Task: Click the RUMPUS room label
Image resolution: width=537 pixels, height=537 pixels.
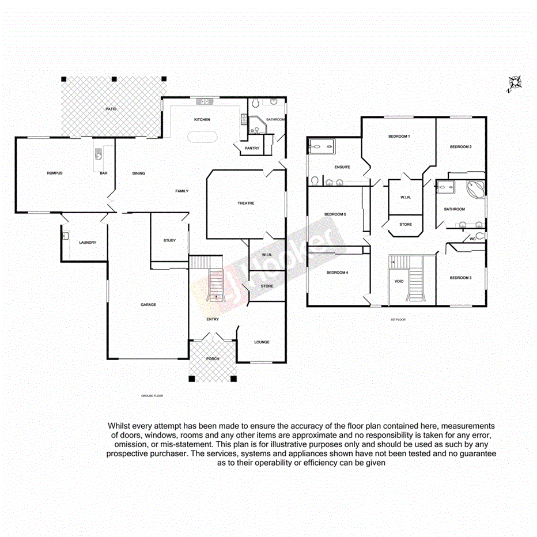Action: point(55,173)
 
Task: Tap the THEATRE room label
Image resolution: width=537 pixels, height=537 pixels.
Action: point(246,203)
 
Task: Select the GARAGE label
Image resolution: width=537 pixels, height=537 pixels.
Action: point(149,305)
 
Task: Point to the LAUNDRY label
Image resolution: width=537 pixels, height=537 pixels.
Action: point(88,243)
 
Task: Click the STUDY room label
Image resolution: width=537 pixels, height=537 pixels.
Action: point(169,241)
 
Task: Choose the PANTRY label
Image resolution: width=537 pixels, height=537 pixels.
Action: point(252,148)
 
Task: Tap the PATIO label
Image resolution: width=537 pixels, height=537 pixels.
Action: point(111,108)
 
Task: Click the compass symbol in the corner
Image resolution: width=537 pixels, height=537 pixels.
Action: point(513,84)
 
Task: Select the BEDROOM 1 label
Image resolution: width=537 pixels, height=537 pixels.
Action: point(399,137)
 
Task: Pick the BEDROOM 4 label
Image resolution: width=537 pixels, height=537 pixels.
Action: point(337,273)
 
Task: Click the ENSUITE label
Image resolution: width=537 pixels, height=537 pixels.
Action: point(342,168)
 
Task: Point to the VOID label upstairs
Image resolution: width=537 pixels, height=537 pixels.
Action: point(399,282)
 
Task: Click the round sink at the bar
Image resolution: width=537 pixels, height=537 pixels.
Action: point(99,156)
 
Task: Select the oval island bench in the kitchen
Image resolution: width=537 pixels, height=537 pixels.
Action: point(202,138)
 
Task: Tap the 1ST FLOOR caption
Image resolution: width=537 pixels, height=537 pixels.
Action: point(398,319)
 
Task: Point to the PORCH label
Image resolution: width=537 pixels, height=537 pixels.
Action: point(213,359)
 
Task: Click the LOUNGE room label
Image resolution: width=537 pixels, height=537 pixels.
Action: point(262,342)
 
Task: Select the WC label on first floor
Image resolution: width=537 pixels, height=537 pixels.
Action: point(472,239)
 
